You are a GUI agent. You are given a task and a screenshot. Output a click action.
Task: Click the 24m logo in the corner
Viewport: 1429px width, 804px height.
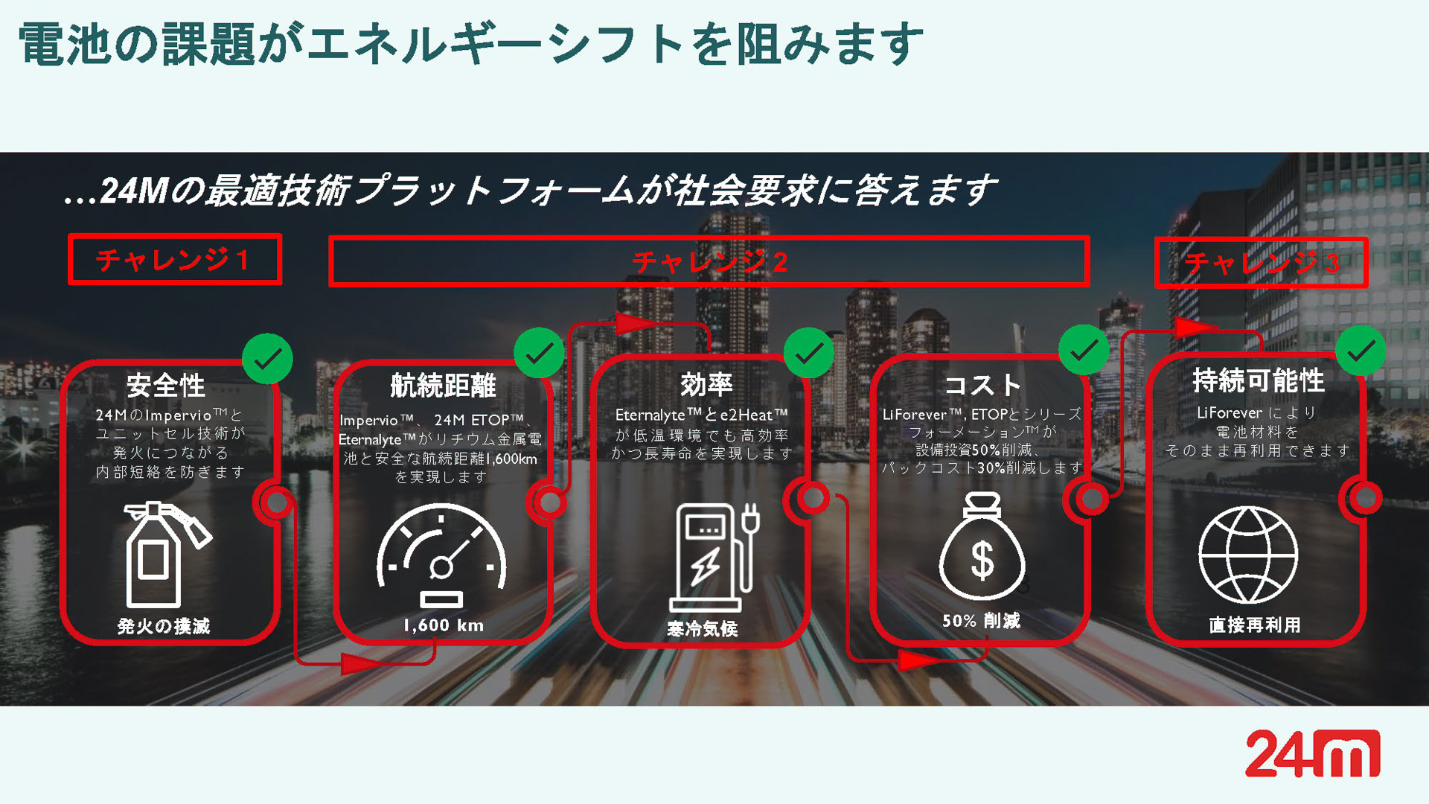click(x=1312, y=753)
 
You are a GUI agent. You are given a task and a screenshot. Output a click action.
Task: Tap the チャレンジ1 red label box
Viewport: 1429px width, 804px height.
click(x=175, y=259)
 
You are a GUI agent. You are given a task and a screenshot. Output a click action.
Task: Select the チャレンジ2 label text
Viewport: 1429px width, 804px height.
click(x=709, y=261)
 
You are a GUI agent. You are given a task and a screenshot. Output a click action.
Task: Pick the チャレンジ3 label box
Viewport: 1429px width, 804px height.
click(x=1261, y=262)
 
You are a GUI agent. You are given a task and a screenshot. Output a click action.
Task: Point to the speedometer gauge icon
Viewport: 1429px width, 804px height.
click(x=441, y=555)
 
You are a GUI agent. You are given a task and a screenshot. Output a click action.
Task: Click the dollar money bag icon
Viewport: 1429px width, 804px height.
click(x=982, y=546)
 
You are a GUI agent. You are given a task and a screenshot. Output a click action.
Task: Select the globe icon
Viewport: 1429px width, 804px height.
click(x=1248, y=555)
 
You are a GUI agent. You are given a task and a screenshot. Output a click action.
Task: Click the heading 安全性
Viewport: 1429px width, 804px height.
click(x=165, y=386)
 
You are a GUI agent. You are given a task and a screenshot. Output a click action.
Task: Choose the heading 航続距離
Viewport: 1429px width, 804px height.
click(x=443, y=386)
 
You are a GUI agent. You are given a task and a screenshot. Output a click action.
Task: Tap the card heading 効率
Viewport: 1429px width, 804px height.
click(x=706, y=385)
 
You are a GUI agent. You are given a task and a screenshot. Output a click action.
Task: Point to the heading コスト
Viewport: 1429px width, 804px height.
click(x=982, y=385)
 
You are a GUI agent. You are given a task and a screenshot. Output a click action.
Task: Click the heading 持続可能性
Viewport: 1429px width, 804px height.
click(x=1259, y=380)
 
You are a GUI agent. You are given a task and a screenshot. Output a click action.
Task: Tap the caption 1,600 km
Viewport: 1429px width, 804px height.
click(x=444, y=625)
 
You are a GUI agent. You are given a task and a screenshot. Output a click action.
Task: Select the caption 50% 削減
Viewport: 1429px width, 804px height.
click(x=981, y=621)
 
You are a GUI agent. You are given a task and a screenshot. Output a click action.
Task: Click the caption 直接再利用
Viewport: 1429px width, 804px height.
click(x=1255, y=625)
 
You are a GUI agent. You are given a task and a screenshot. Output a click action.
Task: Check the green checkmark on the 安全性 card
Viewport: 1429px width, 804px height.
click(x=267, y=359)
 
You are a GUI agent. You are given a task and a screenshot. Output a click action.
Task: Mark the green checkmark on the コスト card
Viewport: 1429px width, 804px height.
click(x=1084, y=349)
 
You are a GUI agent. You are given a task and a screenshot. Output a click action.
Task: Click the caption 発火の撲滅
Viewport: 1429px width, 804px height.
click(x=164, y=626)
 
